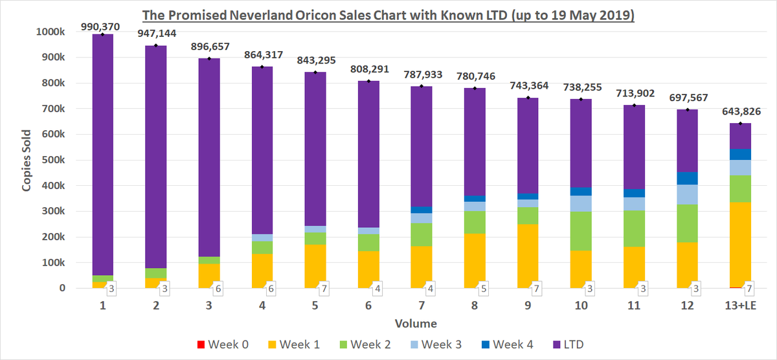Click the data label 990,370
[x=100, y=27]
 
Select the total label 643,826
[x=741, y=111]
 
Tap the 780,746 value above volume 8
[x=475, y=76]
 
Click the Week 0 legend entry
[x=223, y=344]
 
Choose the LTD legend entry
[x=569, y=344]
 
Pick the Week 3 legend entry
[x=436, y=344]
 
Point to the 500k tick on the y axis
[x=53, y=160]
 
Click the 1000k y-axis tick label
[x=51, y=32]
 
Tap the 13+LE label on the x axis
[x=741, y=306]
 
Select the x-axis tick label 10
[x=581, y=306]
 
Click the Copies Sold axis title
[x=27, y=160]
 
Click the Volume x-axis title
[x=416, y=324]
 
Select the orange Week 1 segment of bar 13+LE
[x=740, y=245]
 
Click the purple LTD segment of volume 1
[x=103, y=155]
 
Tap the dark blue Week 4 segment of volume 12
[x=687, y=178]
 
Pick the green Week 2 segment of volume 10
[x=581, y=231]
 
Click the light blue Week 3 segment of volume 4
[x=262, y=238]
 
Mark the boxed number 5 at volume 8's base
[x=484, y=289]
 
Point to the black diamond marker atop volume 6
[x=368, y=81]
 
